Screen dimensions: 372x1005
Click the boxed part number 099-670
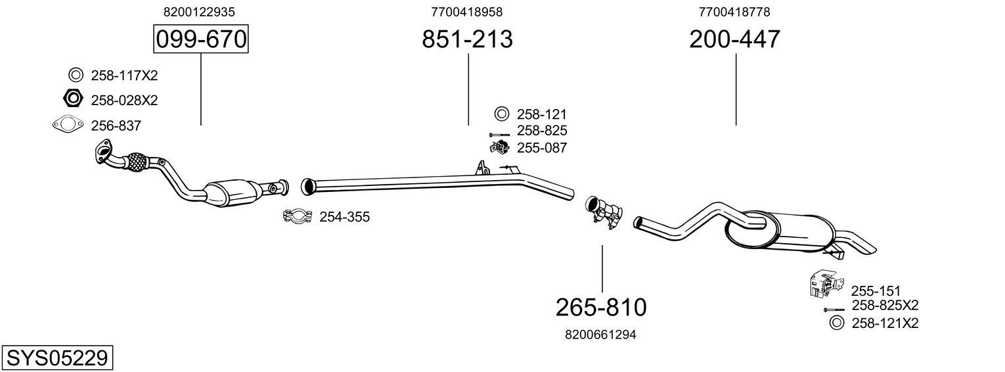pos(200,39)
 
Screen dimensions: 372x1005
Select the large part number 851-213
pos(467,39)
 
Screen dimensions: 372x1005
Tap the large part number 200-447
pos(734,39)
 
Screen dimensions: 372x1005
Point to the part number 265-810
pos(601,307)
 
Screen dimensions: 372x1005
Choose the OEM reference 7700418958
pos(467,12)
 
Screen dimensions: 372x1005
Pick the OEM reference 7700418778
pos(734,12)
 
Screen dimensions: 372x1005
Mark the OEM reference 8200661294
pos(600,335)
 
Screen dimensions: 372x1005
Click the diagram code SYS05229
pos(57,358)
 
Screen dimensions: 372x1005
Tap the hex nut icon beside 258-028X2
pos(73,99)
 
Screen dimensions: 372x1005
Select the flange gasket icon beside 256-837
pos(68,124)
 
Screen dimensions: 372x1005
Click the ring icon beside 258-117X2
pos(75,75)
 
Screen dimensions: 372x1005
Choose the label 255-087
pos(541,148)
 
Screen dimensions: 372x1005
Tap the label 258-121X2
pos(884,323)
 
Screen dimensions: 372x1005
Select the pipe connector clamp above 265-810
pos(603,212)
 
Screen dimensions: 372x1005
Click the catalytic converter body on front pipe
pos(231,193)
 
